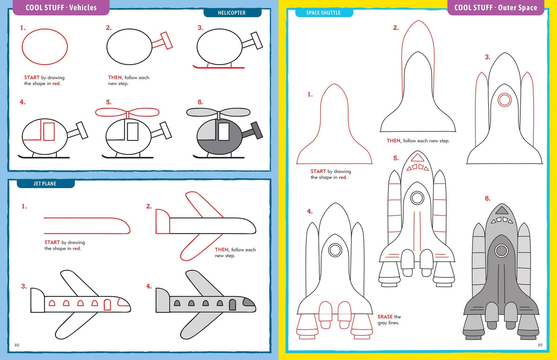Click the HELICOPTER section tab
point(232,13)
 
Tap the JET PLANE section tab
point(45,184)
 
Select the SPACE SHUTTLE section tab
point(324,13)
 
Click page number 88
point(17,345)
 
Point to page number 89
point(540,345)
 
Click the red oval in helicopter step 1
point(45,46)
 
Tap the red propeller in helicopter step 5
point(127,112)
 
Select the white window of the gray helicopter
point(224,132)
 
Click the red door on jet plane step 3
point(108,304)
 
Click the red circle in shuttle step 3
point(504,99)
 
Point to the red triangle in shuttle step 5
point(417,157)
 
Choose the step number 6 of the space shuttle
point(487,199)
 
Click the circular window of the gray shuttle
point(501,251)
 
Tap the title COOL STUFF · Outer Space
point(495,7)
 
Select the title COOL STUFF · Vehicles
point(61,7)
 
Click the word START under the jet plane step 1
point(52,242)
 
